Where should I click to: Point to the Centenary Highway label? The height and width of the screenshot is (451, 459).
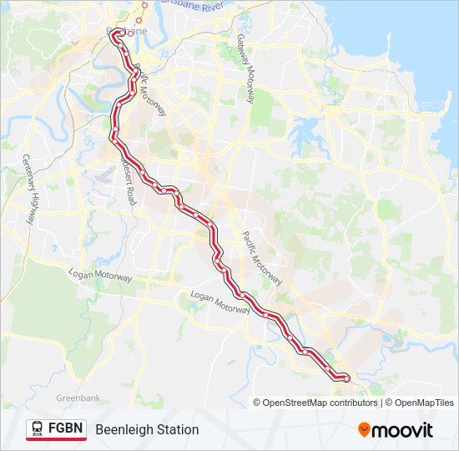click(x=29, y=190)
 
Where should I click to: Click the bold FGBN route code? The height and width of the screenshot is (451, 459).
click(x=66, y=429)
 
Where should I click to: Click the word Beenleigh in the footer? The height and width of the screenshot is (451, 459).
click(x=122, y=429)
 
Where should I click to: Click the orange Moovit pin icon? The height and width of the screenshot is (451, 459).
click(x=364, y=430)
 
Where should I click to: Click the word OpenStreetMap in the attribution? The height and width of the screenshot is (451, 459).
click(x=296, y=403)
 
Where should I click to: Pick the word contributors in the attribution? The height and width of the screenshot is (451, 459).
click(x=354, y=403)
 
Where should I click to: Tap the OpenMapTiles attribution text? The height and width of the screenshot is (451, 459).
click(x=426, y=403)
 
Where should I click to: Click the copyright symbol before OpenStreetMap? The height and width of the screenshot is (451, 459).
click(x=258, y=403)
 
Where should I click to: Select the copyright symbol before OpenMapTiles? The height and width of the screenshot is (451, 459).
click(x=391, y=403)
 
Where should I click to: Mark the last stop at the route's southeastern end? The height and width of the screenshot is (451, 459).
click(x=346, y=378)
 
